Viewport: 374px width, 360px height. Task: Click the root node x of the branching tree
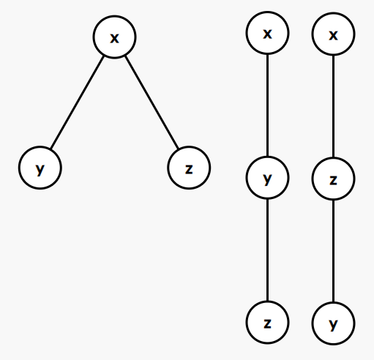[x=114, y=37]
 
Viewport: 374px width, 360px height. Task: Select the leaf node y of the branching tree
[x=40, y=168]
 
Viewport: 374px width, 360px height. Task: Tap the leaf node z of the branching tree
[x=189, y=168]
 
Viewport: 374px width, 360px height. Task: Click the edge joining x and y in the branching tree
[x=78, y=102]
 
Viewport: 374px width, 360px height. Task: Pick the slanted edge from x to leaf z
[x=152, y=102]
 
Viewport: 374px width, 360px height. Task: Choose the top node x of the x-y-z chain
[x=267, y=33]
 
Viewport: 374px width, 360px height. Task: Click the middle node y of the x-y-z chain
[x=267, y=178]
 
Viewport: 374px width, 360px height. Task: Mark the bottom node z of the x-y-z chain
[x=267, y=322]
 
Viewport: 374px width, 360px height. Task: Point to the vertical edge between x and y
[x=267, y=105]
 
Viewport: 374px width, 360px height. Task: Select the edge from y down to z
[x=267, y=250]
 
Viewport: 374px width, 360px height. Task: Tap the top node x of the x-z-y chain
[x=333, y=34]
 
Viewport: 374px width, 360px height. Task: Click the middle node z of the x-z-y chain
[x=333, y=179]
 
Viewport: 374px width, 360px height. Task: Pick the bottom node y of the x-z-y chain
[x=333, y=323]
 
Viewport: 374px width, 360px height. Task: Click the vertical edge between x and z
[x=333, y=106]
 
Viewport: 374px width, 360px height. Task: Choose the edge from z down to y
[x=333, y=251]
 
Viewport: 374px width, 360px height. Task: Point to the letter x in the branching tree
[x=114, y=38]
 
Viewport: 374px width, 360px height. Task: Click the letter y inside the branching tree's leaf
[x=40, y=170]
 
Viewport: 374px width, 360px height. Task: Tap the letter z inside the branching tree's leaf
[x=189, y=169]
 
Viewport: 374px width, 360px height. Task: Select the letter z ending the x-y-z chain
[x=267, y=323]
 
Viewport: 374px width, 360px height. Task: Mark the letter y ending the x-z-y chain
[x=333, y=325]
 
